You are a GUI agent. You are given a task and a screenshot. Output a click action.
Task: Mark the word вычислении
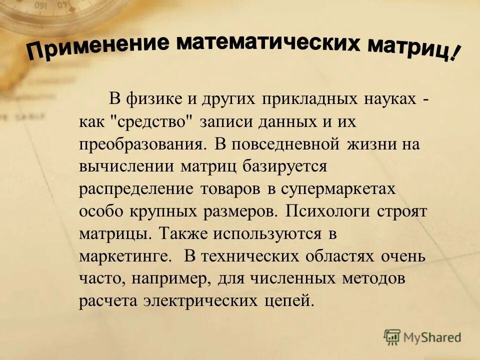(125, 166)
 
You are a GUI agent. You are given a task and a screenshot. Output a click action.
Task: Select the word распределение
(136, 189)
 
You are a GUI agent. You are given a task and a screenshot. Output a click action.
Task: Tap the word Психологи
(328, 211)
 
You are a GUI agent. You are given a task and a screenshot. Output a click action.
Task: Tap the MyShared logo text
(434, 337)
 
